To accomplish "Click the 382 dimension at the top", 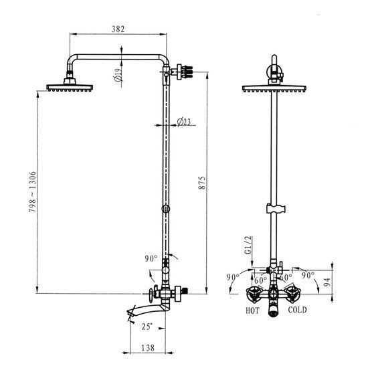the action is (x=118, y=29).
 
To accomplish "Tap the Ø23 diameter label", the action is (x=184, y=122).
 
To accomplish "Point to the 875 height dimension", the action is (x=201, y=183).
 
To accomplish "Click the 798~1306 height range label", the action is (x=32, y=192).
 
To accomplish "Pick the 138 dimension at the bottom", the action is (x=148, y=347).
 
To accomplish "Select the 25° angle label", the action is (x=147, y=327).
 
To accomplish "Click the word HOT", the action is (x=252, y=310).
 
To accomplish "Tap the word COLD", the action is (x=297, y=310).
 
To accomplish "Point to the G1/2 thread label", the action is (x=248, y=245).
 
